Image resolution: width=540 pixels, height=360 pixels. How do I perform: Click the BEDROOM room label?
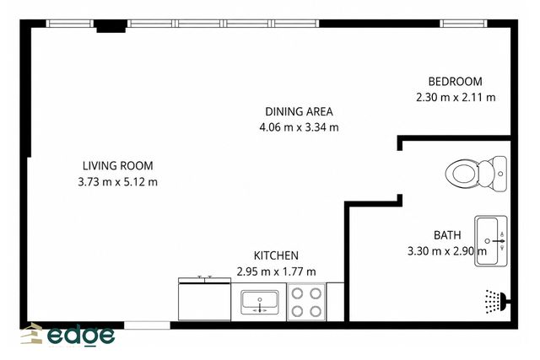[455, 82]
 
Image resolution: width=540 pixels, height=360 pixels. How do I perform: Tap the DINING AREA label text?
[299, 111]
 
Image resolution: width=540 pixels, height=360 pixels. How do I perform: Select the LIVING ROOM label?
[118, 166]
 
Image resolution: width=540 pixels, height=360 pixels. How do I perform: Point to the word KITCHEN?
[276, 255]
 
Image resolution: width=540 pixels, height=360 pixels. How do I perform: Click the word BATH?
[447, 235]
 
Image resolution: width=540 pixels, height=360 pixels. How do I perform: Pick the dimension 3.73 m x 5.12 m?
[118, 182]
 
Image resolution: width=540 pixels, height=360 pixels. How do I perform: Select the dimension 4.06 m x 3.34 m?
[299, 127]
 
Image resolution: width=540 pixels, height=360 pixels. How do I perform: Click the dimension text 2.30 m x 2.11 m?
[456, 98]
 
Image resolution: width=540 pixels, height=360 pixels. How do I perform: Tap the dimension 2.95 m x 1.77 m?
[276, 271]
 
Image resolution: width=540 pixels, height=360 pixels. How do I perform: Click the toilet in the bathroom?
[476, 174]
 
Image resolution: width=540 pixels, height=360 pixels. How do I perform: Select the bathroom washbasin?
[491, 241]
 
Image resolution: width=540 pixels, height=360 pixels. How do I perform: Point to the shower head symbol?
[496, 302]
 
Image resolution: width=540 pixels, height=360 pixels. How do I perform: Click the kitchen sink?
[260, 302]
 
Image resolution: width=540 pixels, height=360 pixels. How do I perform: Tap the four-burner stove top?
[306, 302]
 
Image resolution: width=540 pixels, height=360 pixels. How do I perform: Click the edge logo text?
[81, 335]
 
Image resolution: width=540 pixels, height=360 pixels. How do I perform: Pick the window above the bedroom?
[463, 24]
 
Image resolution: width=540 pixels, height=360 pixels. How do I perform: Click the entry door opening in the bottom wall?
[147, 325]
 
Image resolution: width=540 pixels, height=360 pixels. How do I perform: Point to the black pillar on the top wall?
[111, 26]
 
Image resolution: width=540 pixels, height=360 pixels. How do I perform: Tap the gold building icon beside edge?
[32, 333]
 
